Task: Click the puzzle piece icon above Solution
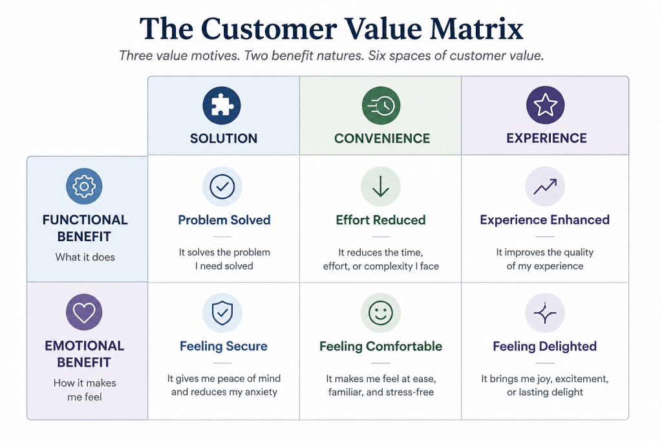(222, 105)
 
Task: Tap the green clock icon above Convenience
(381, 105)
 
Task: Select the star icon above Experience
(545, 105)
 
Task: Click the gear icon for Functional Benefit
(84, 186)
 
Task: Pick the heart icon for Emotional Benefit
(84, 312)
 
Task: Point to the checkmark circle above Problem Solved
(222, 186)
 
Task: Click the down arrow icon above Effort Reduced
(381, 186)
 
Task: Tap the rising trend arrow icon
(545, 186)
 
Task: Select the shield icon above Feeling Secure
(222, 313)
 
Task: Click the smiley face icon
(381, 313)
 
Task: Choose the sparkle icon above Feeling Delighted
(545, 313)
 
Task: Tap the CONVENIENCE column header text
(382, 138)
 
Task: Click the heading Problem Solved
(224, 220)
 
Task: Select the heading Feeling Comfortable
(381, 347)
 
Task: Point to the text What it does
(85, 257)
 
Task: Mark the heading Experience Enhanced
(544, 220)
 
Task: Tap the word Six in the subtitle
(377, 56)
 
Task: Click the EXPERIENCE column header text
(547, 138)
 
